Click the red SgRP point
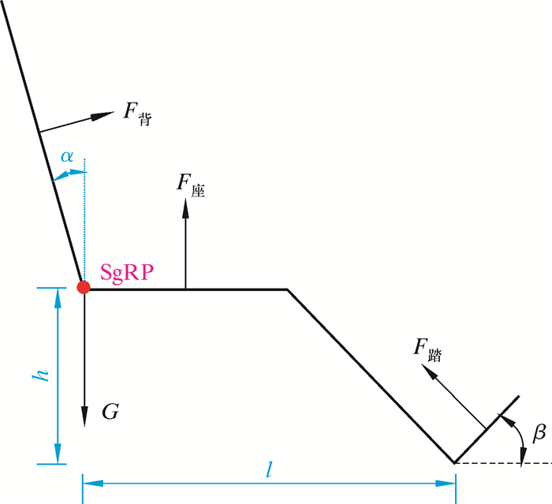83,287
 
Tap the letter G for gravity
110,411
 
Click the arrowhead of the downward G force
83,418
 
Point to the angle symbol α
68,155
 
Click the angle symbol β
539,431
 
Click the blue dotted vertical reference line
84,221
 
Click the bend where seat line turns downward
287,289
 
